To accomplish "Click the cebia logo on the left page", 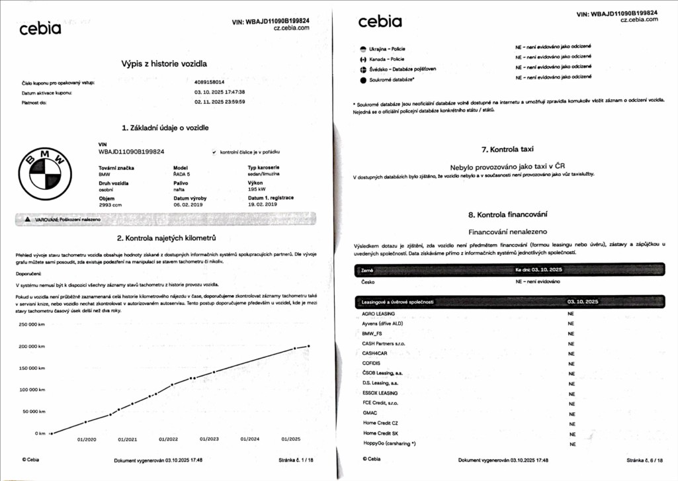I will point(40,28).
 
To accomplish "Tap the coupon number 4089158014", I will point(210,82).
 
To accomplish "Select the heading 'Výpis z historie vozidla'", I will point(165,64).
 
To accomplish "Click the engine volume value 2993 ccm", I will point(111,204).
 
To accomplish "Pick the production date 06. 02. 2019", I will point(189,204).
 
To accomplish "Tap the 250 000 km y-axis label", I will point(31,324).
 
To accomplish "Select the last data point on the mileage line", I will point(308,346).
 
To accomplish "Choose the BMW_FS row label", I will point(374,333).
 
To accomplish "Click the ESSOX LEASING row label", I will point(380,392).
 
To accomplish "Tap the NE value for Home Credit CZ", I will point(572,423).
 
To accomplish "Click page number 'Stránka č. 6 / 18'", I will point(646,460).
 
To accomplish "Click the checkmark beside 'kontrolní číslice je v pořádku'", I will point(214,152).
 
